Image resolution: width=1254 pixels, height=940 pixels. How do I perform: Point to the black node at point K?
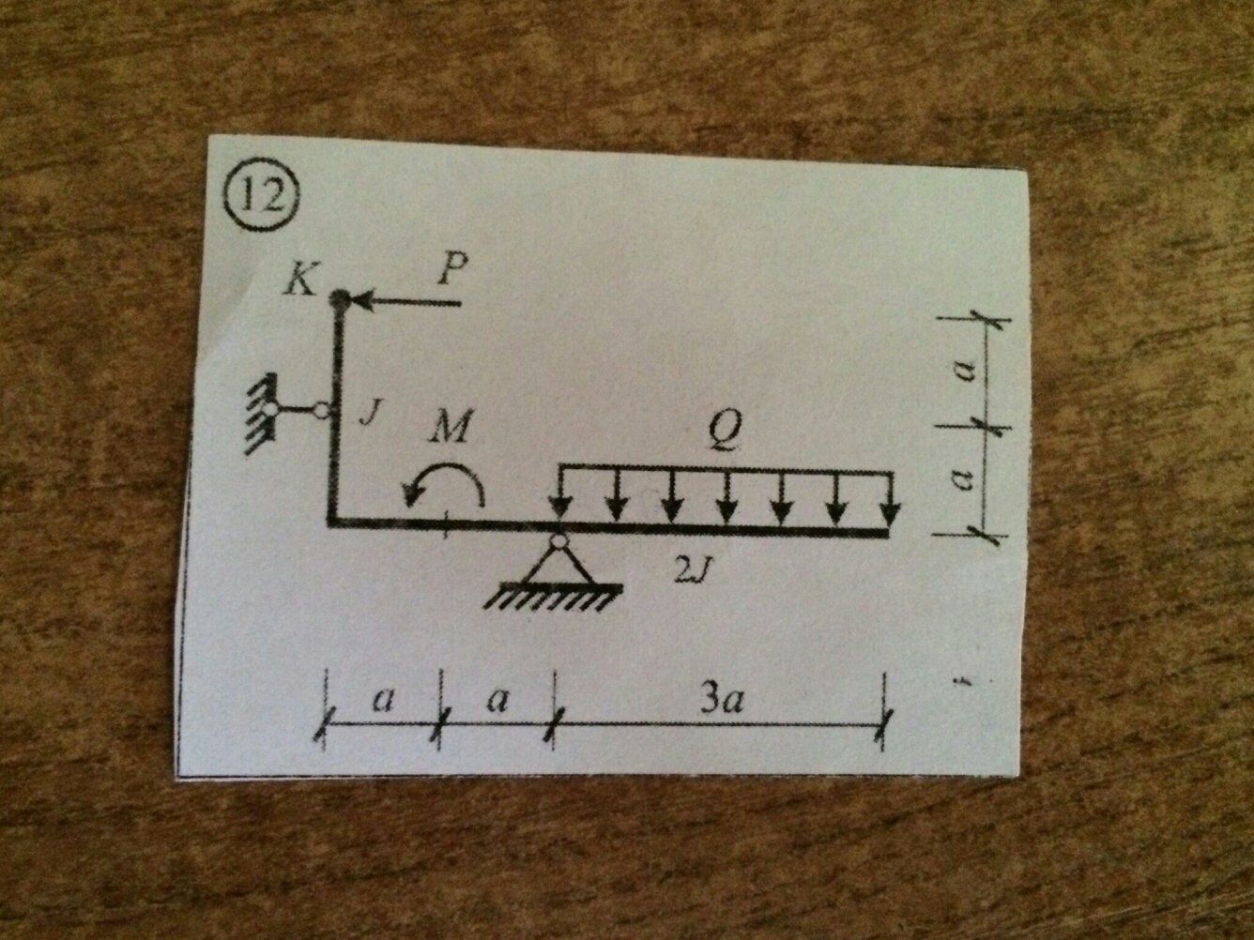click(340, 299)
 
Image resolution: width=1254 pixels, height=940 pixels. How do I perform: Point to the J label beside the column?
click(369, 417)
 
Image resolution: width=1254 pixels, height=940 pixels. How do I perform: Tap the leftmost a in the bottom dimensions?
click(381, 701)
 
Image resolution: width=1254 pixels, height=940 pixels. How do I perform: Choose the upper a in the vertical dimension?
click(960, 374)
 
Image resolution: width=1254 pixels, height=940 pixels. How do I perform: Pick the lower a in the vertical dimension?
click(960, 480)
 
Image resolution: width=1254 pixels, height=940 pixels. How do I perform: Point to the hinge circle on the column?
click(322, 410)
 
